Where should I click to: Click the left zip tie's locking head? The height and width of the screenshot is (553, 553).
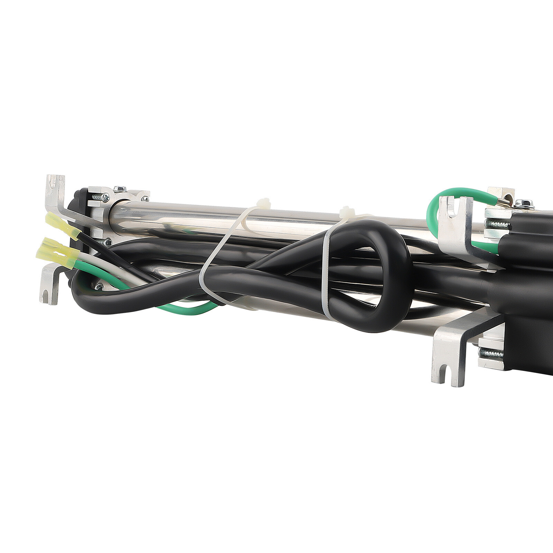pos(264,203)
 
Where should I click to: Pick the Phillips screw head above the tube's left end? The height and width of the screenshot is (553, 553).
pos(120,189)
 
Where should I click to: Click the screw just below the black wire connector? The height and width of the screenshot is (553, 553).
pos(108,242)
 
